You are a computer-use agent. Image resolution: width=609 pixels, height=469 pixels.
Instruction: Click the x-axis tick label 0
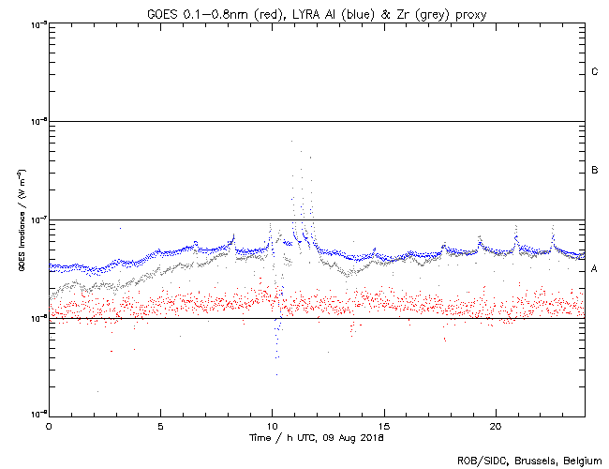49,425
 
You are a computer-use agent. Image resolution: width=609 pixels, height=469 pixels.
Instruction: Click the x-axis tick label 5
160,425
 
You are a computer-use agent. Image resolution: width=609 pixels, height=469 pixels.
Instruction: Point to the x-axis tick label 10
272,425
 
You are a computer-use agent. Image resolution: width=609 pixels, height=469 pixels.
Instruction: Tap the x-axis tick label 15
383,425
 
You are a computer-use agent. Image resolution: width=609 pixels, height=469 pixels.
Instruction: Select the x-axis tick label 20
495,425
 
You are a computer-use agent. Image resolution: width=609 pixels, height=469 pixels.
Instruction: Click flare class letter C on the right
595,72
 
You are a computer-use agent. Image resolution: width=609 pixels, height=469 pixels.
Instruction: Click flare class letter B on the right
595,171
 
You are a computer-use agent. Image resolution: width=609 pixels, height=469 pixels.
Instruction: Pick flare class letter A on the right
595,269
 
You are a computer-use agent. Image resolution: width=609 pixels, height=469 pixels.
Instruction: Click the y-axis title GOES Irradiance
21,220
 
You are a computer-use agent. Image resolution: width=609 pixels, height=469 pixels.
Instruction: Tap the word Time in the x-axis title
260,438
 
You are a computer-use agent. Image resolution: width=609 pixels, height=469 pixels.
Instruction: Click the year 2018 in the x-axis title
371,438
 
